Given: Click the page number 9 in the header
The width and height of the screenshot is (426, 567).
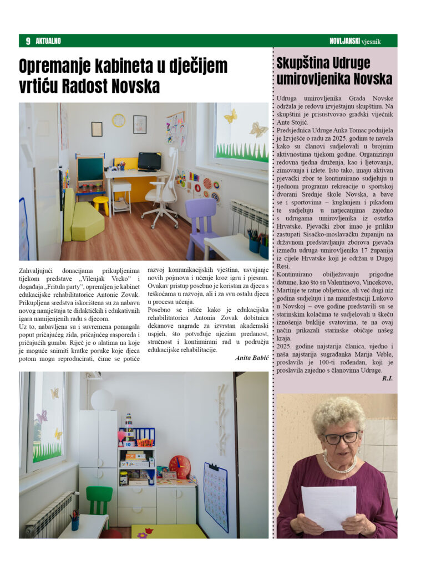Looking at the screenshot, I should [27, 41].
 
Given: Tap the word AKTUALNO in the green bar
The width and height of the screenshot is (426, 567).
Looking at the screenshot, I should [48, 41].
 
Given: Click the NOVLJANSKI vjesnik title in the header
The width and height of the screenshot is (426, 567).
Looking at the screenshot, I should [361, 41].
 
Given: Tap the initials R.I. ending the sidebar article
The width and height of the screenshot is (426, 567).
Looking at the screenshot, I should [386, 378].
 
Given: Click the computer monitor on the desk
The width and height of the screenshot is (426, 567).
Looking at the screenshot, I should [149, 161].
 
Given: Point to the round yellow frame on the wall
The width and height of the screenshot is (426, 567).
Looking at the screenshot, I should [119, 120].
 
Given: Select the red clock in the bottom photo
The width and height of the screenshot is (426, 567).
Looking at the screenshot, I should [179, 466].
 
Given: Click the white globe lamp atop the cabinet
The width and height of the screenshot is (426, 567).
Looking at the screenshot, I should [102, 399].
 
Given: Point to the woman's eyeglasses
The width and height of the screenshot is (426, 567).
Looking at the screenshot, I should [341, 437].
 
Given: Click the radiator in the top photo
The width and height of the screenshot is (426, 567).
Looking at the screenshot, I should [248, 218].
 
